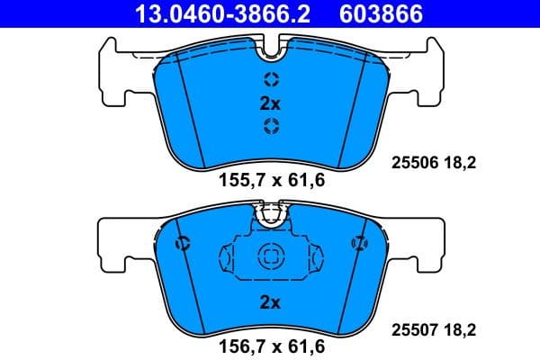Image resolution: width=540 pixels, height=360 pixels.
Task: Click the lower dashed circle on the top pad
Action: pos(270,127)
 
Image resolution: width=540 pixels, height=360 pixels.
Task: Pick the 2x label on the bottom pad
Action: pos(270,302)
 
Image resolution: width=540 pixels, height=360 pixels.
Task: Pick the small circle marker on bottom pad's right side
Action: pos(358,242)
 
